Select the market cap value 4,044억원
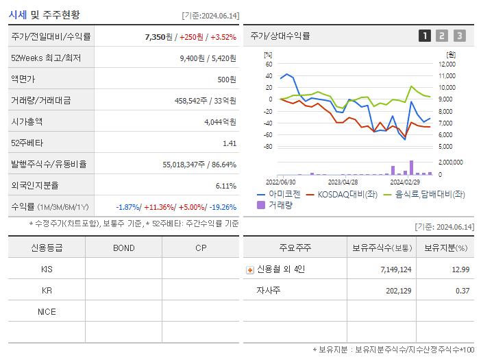(220, 122)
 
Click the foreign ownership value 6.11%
(225, 186)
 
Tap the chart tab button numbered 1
(425, 36)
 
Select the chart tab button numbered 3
(459, 36)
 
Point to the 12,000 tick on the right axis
(446, 64)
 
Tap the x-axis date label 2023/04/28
(343, 182)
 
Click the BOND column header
(123, 248)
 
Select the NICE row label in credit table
(47, 311)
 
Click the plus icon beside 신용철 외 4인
(249, 269)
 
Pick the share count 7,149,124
(395, 269)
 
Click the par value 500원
(227, 80)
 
